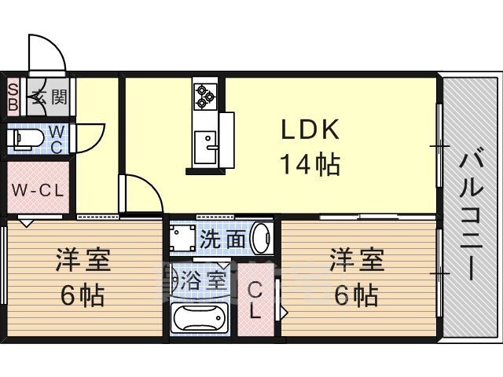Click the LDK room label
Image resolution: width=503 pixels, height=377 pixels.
(x=310, y=130)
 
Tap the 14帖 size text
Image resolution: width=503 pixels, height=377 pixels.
(x=310, y=164)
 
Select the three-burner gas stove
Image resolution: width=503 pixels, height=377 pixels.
(x=205, y=96)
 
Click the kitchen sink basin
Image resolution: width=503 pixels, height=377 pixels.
(x=205, y=148)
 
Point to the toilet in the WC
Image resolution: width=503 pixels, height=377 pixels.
(x=28, y=140)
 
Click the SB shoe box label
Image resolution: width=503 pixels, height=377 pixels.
(x=13, y=97)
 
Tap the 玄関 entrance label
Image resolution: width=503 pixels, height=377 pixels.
(x=50, y=97)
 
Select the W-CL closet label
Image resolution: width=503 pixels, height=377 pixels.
(x=38, y=191)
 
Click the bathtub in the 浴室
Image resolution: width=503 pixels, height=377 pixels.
(x=199, y=317)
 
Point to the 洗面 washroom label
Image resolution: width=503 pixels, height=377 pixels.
(x=223, y=239)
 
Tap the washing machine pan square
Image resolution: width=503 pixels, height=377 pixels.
(x=182, y=238)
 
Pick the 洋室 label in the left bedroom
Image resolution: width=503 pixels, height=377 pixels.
(x=83, y=260)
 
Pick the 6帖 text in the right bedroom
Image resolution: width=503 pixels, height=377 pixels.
(x=356, y=295)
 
